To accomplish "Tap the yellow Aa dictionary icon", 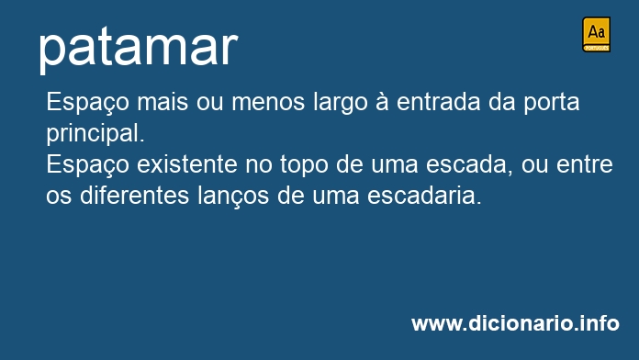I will click(596, 34).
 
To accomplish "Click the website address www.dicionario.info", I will click(515, 322).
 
